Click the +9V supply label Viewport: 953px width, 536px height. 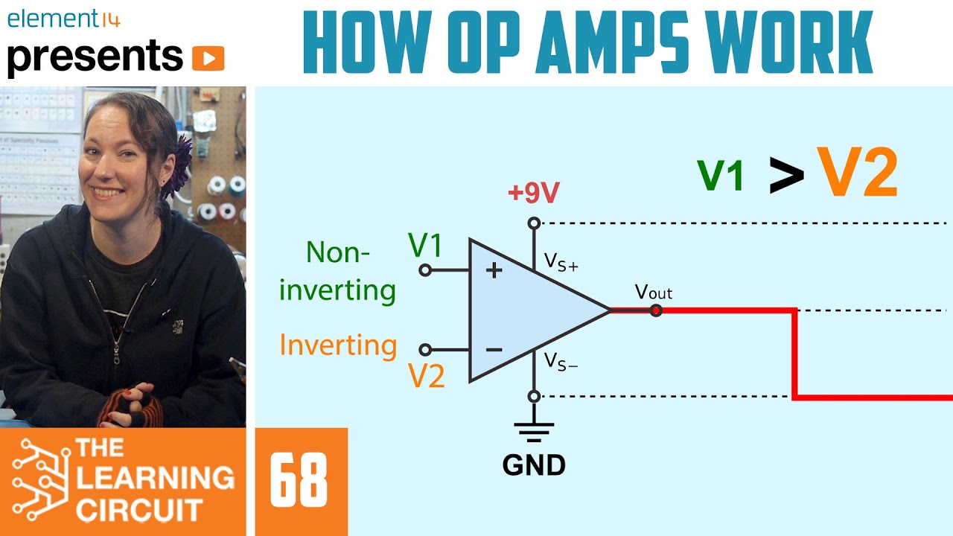pos(533,194)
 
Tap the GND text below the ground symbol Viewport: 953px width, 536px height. pos(534,465)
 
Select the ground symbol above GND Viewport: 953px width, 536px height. pos(534,431)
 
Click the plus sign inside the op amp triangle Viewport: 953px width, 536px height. pos(494,269)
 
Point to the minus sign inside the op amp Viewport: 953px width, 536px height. pos(494,349)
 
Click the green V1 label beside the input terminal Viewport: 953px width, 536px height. pos(426,245)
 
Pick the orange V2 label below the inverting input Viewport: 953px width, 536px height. pos(427,377)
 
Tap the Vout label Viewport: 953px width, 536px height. pos(653,292)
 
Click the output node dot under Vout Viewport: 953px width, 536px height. pos(656,310)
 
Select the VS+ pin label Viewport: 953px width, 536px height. pos(561,261)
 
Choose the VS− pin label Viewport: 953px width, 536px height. pos(561,362)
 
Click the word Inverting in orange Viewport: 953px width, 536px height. pos(338,345)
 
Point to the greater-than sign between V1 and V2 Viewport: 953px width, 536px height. pos(786,176)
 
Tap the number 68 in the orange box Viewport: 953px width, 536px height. pos(299,481)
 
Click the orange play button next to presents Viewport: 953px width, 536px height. pos(208,58)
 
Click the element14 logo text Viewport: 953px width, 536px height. pos(63,19)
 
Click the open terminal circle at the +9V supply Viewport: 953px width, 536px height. pos(533,223)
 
